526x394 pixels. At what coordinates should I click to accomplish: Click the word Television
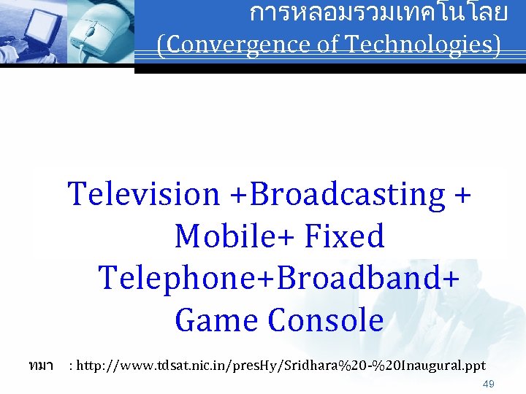tap(143, 194)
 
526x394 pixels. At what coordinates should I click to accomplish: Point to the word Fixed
tap(346, 236)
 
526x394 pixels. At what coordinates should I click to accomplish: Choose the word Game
tap(217, 320)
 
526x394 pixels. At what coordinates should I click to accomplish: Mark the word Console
tap(326, 320)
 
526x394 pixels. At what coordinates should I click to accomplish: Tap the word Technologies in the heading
tap(423, 45)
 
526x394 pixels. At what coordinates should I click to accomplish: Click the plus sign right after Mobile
tap(289, 236)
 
